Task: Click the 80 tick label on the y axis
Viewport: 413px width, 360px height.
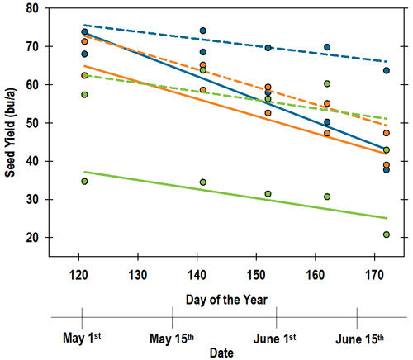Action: pos(35,8)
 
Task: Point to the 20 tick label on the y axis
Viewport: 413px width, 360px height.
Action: pos(35,237)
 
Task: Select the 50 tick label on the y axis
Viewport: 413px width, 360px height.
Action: pos(35,122)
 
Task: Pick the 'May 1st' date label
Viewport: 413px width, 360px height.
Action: pos(82,338)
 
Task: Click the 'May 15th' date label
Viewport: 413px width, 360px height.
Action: pos(171,338)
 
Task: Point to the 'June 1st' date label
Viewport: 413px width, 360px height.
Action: pos(275,338)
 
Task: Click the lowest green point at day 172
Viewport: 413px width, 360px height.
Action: pos(387,234)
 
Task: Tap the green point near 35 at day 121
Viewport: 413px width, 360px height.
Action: pos(84,181)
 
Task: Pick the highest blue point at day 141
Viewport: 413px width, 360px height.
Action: pos(202,31)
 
